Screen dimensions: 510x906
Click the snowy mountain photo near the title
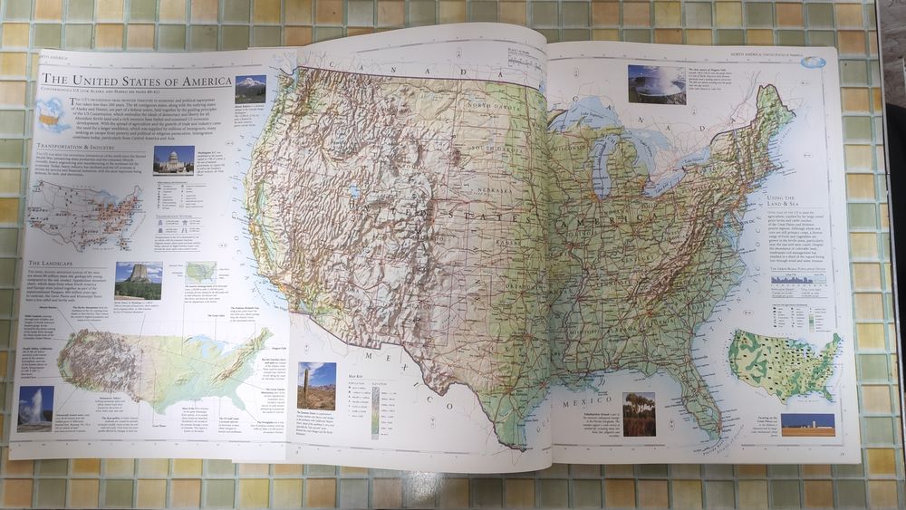(x=250, y=89)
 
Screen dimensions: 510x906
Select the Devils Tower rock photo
(x=139, y=281)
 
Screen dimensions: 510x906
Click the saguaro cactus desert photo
(x=316, y=386)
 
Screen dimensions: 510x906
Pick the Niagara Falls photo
(x=657, y=84)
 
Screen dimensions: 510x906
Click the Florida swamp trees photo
(x=640, y=414)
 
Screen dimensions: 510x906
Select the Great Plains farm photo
(x=807, y=423)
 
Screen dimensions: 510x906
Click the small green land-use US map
(x=785, y=363)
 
